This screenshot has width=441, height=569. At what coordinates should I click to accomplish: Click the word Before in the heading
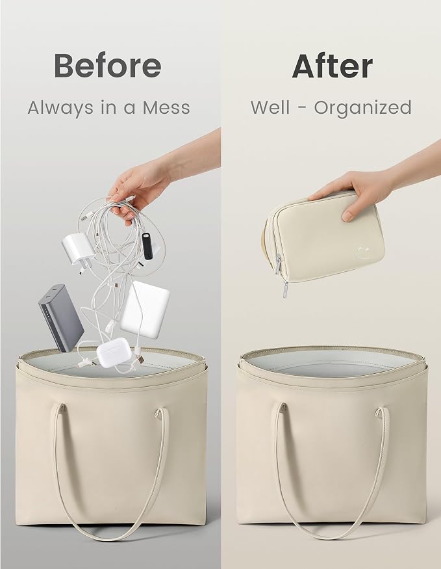pos(108,66)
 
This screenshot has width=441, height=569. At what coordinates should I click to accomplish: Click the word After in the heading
pos(333,66)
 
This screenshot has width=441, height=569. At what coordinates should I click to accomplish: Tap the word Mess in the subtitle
pos(166,107)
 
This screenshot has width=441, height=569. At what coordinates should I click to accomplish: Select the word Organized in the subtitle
pos(362,108)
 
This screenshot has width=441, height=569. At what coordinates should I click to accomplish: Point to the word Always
pos(60,108)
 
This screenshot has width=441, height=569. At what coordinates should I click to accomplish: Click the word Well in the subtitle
pos(270,107)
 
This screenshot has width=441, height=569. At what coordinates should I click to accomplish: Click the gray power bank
pos(61,317)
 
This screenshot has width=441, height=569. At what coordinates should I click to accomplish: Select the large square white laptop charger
pos(145,310)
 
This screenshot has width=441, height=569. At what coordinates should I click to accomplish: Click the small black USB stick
pos(148,246)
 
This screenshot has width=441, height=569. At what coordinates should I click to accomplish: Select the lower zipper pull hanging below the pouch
pos(285,289)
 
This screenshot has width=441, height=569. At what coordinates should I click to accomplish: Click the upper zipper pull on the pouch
pos(278,264)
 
